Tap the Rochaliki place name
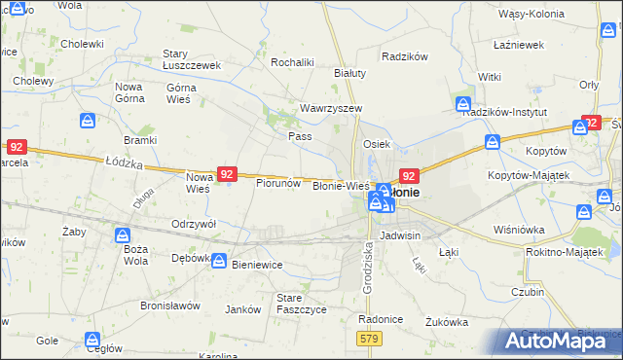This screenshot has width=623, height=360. (292, 62)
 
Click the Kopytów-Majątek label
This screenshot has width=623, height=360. (531, 175)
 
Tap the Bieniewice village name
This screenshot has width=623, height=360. (262, 263)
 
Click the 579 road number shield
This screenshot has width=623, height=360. (369, 338)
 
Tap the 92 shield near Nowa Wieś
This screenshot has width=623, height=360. (226, 174)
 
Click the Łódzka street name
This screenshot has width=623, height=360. (124, 163)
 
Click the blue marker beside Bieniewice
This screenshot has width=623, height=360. (220, 262)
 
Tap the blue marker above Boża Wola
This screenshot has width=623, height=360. (123, 235)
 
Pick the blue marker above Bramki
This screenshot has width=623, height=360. (88, 120)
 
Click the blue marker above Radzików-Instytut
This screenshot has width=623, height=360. (463, 103)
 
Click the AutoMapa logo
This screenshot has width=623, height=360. (561, 341)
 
